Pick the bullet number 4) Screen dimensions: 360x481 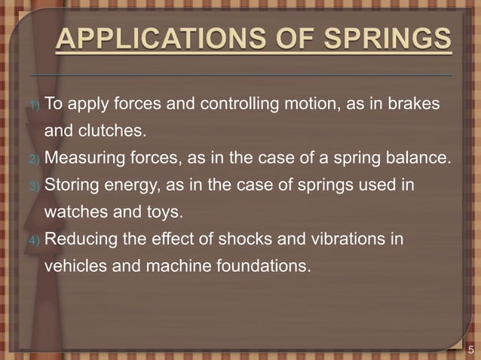coord(35,240)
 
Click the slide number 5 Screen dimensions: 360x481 coord(470,349)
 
